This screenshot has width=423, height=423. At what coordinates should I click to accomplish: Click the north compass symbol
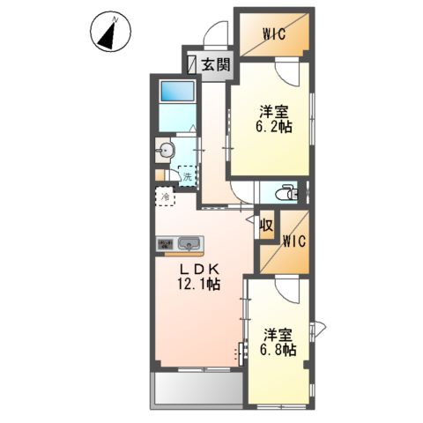point(110,32)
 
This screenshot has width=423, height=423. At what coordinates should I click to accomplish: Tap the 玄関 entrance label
point(216,65)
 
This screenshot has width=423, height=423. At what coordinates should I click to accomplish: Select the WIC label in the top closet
point(274,34)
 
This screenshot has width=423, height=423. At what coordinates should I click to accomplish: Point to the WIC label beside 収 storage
point(294,241)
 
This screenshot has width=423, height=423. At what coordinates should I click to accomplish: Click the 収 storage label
point(267,226)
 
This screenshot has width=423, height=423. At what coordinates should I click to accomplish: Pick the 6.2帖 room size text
point(275,127)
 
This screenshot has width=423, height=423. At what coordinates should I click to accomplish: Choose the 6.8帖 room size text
point(278,349)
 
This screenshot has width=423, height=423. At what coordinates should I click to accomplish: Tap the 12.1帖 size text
point(198,284)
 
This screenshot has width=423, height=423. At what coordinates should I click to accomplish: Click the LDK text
point(199,269)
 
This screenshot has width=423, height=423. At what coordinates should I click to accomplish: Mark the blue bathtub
point(177,92)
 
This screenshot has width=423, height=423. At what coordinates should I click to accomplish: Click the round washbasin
point(166,151)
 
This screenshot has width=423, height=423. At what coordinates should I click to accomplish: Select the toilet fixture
point(286,193)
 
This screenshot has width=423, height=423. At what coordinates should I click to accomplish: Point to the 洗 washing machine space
point(188,176)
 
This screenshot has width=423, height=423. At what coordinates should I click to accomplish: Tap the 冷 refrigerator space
point(166,197)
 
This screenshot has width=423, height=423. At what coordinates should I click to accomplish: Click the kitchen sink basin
point(189,243)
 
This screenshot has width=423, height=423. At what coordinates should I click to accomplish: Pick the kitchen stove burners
point(166,244)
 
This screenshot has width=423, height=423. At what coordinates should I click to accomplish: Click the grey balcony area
point(197,390)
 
